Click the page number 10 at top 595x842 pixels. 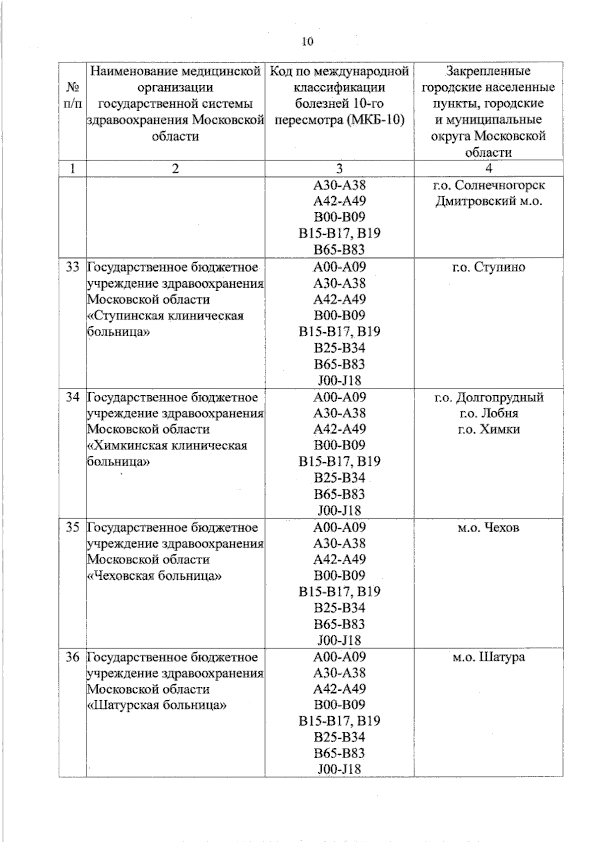click(307, 42)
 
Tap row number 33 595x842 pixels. click(72, 267)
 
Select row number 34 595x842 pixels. click(72, 397)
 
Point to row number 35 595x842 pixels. click(72, 527)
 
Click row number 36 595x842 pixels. click(72, 657)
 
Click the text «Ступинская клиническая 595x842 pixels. click(166, 316)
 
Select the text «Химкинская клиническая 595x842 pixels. click(167, 446)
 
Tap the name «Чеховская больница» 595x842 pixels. click(154, 576)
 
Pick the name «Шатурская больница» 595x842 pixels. click(157, 705)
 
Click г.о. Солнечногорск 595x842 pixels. click(488, 185)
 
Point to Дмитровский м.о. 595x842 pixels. click(488, 202)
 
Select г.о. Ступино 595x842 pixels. click(488, 267)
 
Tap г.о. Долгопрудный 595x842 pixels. click(488, 397)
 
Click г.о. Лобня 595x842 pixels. click(488, 413)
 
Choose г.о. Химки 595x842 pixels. click(488, 429)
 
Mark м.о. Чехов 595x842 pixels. click(488, 527)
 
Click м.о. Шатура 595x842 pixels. click(488, 657)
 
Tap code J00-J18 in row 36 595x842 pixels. click(339, 769)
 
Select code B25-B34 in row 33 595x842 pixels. click(339, 348)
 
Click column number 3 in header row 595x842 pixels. click(339, 168)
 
